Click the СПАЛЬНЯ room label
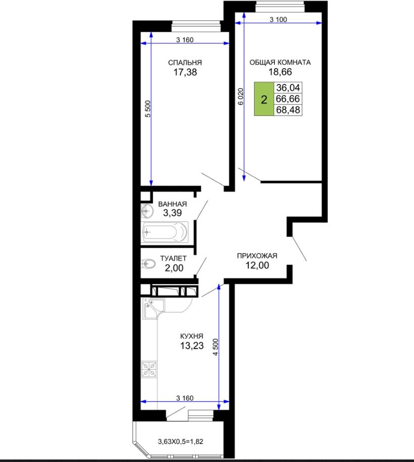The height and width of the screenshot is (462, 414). click(185, 63)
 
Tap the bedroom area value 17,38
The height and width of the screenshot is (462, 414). click(185, 72)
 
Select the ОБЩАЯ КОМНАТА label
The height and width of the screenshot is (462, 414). click(280, 62)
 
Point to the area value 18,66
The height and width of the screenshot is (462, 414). click(280, 72)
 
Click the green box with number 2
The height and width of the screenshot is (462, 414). click(264, 99)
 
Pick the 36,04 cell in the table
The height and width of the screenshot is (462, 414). click(288, 88)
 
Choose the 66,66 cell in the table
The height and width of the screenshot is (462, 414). click(288, 99)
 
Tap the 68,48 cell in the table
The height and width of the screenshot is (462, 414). click(288, 110)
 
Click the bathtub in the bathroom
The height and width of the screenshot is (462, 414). click(165, 232)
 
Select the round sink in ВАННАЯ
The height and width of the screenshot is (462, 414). click(147, 211)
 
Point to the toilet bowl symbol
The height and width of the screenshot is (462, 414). click(148, 263)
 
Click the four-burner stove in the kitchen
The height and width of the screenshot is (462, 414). click(149, 370)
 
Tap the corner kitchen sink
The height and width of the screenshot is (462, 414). click(153, 308)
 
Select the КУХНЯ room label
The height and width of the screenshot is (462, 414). click(192, 336)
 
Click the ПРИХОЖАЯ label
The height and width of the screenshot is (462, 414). click(257, 256)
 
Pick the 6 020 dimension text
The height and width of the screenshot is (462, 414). click(241, 96)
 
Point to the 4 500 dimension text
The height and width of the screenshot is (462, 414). click(216, 347)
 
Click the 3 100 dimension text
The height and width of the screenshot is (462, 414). click(278, 20)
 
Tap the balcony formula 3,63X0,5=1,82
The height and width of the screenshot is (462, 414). click(181, 441)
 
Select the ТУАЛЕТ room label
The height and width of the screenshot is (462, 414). click(173, 258)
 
